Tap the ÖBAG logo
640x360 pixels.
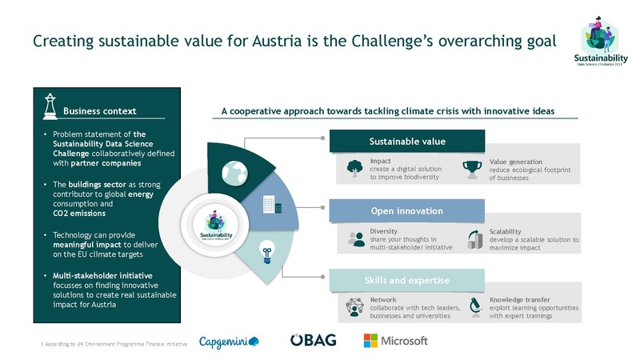313,341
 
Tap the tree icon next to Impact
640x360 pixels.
354,168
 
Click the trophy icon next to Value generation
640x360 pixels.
474,168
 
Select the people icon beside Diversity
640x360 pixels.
354,238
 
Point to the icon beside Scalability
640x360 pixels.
474,238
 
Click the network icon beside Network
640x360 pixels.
354,306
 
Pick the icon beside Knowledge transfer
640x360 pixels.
474,306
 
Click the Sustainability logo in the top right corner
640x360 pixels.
597,46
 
